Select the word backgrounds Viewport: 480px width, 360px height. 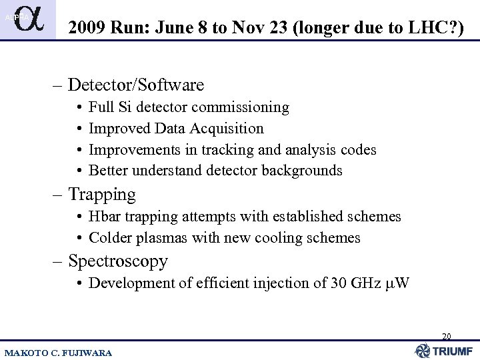303,171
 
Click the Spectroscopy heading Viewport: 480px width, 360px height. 117,261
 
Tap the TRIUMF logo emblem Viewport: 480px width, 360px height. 422,350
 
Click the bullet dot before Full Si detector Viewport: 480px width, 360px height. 79,107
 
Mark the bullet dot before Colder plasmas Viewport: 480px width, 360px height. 79,238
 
